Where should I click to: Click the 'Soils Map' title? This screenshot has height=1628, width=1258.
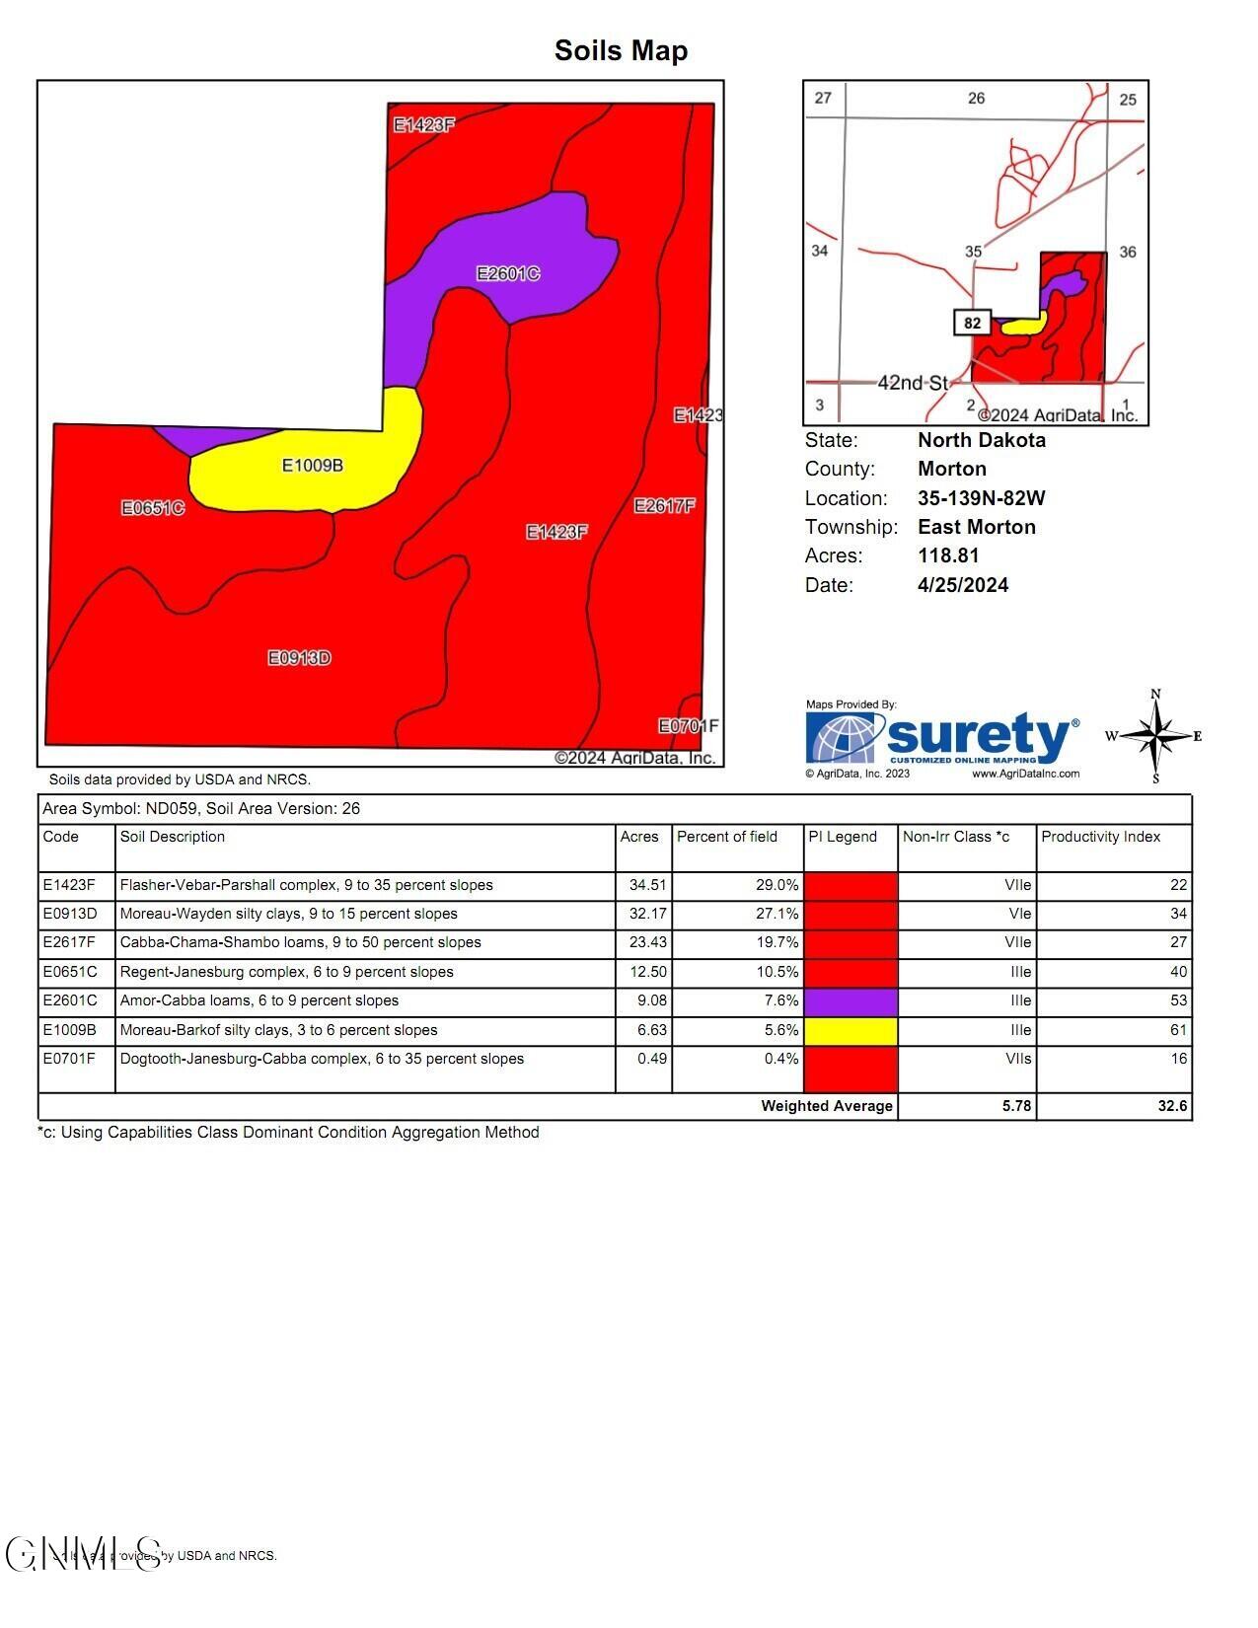pos(621,50)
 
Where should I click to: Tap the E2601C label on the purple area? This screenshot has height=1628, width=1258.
pos(508,273)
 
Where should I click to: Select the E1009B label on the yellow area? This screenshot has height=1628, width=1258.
pos(313,465)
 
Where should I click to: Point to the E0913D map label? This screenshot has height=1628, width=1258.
pos(300,658)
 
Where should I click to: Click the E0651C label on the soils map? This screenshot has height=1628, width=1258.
pos(153,508)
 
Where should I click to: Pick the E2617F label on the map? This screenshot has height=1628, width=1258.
pos(664,506)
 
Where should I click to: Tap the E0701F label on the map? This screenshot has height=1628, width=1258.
pos(689,726)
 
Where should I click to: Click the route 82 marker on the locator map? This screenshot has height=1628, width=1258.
pos(973,323)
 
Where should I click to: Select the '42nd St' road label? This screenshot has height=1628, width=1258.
pos(912,383)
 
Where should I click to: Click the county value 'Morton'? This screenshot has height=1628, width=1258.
pos(952,469)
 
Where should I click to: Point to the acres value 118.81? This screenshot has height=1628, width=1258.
pos(948,555)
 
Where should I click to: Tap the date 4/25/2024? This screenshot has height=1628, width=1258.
pos(963,585)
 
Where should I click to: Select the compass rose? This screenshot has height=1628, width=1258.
pos(1156,736)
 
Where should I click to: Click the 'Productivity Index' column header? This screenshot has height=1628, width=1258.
pos(1100,837)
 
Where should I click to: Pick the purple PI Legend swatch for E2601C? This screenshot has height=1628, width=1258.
pos(851,1001)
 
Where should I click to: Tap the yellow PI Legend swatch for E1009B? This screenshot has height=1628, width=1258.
pos(851,1030)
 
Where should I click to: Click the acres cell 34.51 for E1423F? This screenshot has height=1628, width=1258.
pos(647,885)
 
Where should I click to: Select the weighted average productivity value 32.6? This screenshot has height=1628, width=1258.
pos(1172,1106)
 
